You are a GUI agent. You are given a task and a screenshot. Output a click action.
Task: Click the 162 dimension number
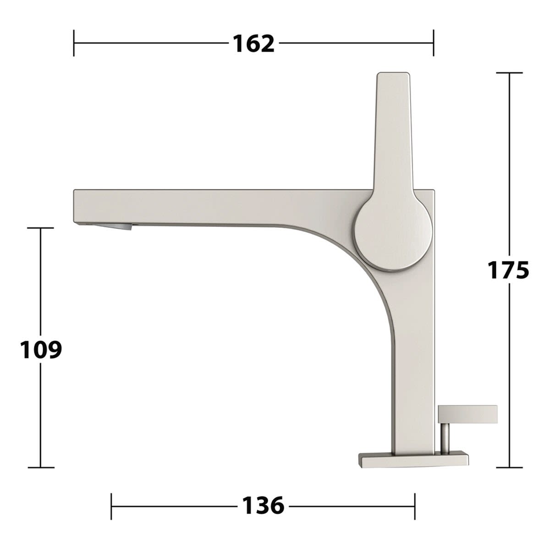coord(253,44)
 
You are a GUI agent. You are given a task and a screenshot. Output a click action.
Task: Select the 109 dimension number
coord(41,349)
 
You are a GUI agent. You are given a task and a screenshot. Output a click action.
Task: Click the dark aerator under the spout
coord(114,227)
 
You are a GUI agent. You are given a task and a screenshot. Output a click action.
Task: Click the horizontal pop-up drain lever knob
coord(467,414)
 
